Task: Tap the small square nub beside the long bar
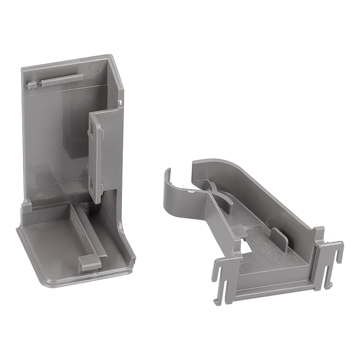point(31,85)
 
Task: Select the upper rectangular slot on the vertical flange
point(93,127)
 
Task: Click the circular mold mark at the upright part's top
point(95,68)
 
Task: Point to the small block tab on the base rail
point(90,262)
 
